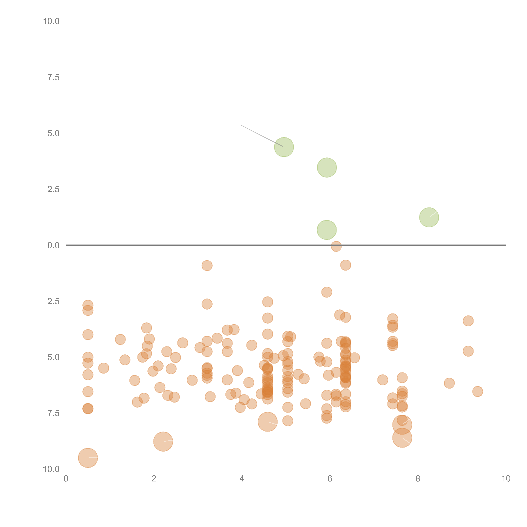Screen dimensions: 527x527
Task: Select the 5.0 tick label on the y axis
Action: pos(53,133)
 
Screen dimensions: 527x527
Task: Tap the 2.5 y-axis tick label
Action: pos(53,189)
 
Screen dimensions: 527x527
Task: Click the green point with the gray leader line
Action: pos(284,147)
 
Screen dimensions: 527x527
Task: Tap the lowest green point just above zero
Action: pos(327,230)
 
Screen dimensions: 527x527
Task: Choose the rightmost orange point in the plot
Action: pos(477,391)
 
